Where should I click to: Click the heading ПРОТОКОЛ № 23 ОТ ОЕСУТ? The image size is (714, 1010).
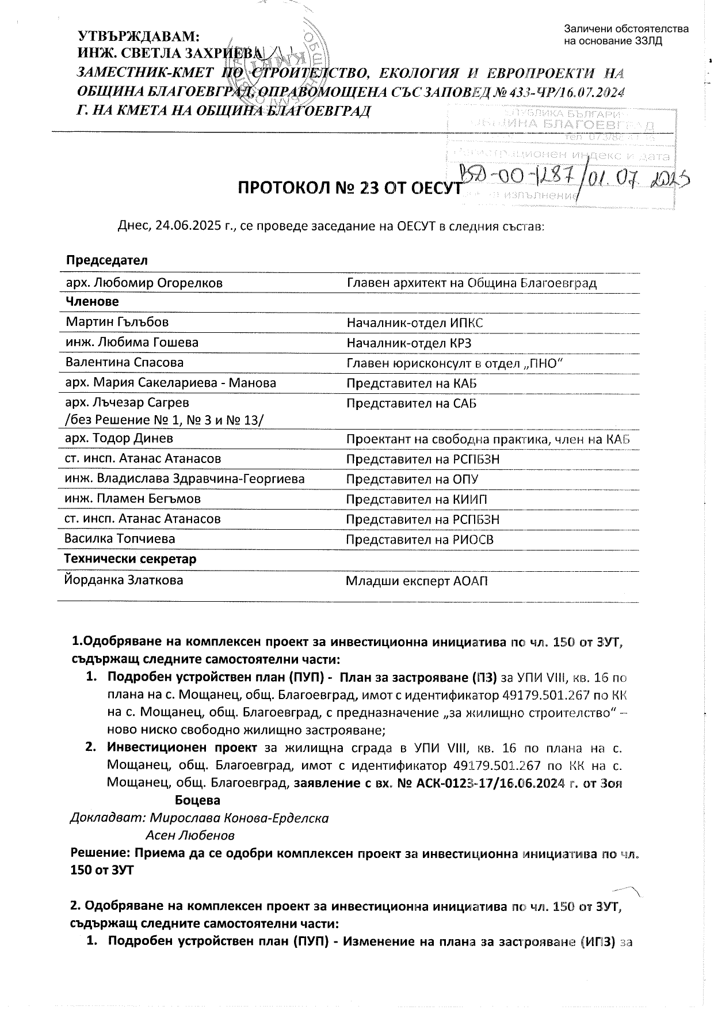click(x=350, y=189)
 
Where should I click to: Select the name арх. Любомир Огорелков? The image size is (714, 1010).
click(x=144, y=283)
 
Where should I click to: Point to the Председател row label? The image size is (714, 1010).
click(x=107, y=260)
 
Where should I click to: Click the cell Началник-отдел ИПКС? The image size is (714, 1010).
click(x=414, y=322)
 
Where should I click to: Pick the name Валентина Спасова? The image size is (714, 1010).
click(x=125, y=363)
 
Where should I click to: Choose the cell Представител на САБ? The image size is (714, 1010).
click(x=411, y=403)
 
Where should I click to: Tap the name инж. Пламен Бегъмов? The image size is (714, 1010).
click(x=133, y=499)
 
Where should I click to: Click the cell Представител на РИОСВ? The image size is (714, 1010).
click(x=419, y=540)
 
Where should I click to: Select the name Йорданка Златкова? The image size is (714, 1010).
click(x=124, y=580)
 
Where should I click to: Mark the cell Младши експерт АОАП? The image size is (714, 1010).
click(x=417, y=581)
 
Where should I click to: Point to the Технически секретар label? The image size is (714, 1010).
click(x=131, y=559)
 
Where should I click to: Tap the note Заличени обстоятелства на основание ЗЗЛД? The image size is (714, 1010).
click(x=626, y=35)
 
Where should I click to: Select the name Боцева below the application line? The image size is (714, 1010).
click(x=197, y=800)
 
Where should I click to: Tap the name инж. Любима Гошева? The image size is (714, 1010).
click(x=132, y=343)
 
